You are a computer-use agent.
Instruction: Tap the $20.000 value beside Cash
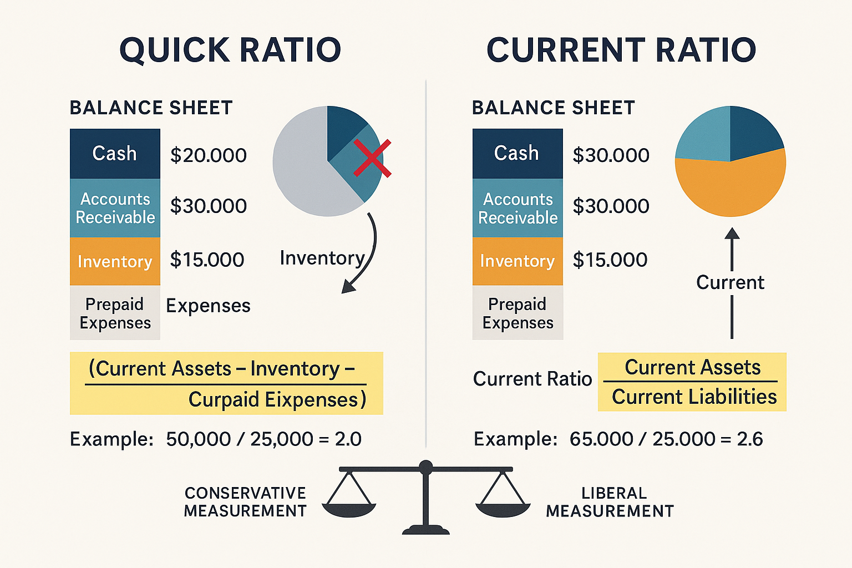pos(208,155)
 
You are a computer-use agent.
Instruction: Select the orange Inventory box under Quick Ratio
pos(115,261)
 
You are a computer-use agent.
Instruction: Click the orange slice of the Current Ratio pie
pos(731,186)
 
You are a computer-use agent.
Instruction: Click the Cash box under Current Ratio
pos(517,153)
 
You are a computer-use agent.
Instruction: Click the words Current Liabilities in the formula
pos(694,397)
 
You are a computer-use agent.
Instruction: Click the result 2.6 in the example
pos(750,439)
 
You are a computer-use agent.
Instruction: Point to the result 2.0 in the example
pos(348,439)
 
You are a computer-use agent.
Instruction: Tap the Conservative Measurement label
pos(245,502)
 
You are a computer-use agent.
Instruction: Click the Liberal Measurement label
pos(610,502)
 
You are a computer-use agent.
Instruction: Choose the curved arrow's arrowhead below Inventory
pos(348,286)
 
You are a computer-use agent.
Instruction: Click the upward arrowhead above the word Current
pos(732,233)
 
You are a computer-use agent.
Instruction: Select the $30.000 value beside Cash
pos(611,155)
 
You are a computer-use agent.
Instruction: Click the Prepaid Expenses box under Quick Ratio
pos(115,313)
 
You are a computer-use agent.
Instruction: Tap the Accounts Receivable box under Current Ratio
pos(518,208)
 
